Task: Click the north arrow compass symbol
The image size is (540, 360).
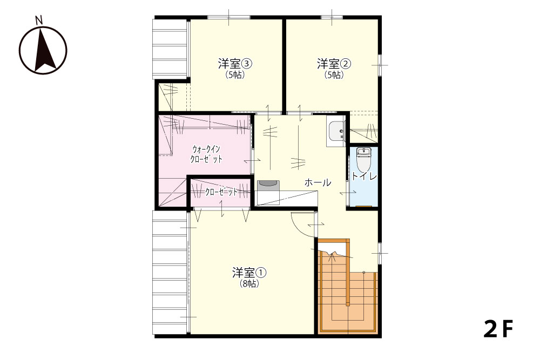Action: [x=43, y=50]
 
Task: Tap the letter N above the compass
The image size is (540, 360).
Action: [x=39, y=21]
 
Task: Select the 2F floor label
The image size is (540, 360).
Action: [x=498, y=329]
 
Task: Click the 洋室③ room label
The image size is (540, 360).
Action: [x=235, y=64]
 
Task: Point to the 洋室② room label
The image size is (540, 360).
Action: [x=334, y=64]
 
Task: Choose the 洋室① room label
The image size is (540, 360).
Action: [x=249, y=273]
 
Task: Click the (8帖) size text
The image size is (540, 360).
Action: [x=249, y=284]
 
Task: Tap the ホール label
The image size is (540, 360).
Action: [x=318, y=182]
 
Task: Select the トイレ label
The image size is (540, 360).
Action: [x=364, y=176]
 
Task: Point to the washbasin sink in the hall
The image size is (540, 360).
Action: [x=335, y=132]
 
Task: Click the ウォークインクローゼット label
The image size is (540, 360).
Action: [x=206, y=154]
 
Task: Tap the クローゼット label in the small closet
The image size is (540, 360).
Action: [x=221, y=192]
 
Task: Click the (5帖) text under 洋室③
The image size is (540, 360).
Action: [x=235, y=74]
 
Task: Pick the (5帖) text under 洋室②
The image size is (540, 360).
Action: [x=334, y=74]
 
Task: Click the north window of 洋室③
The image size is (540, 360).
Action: [x=229, y=17]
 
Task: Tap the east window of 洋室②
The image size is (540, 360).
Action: [x=380, y=65]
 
